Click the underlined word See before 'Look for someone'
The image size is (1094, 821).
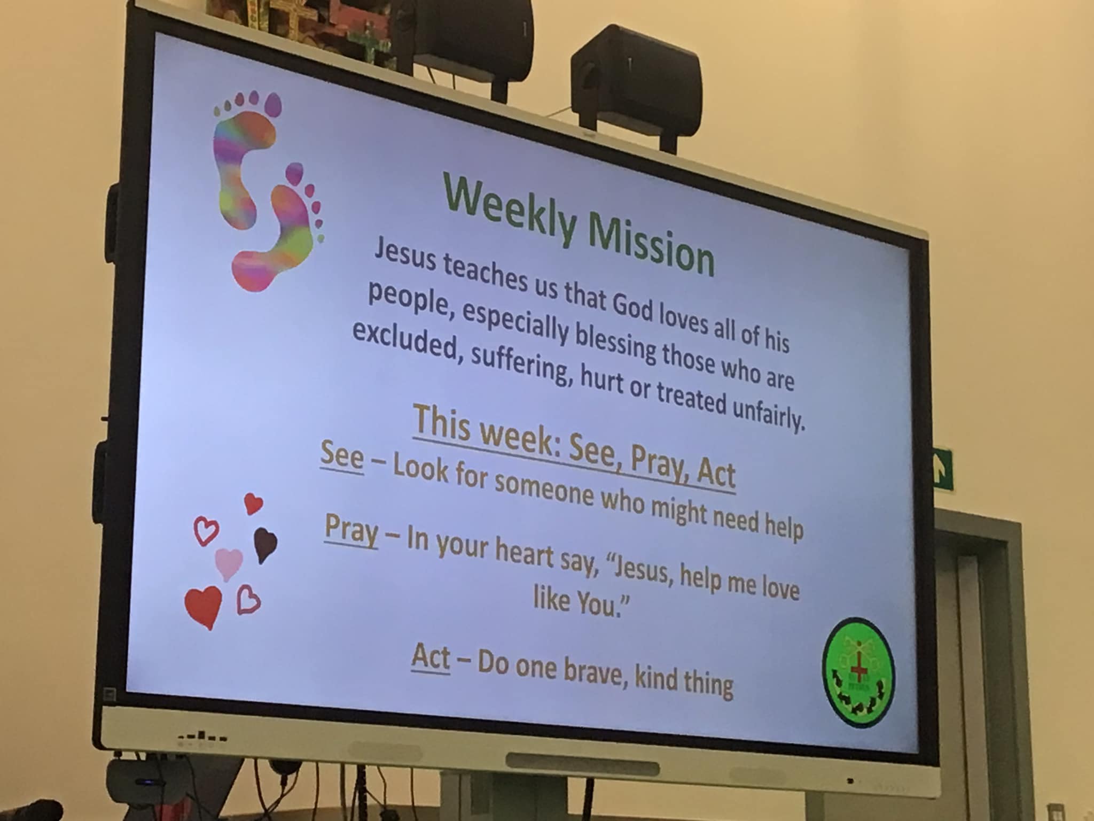(x=341, y=460)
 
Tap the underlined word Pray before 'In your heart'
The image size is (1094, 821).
(x=351, y=530)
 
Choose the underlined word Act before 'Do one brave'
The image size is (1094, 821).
(x=430, y=658)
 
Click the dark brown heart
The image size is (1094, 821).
(x=264, y=545)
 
